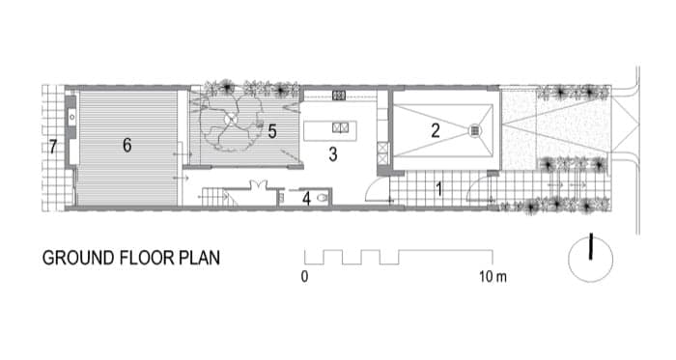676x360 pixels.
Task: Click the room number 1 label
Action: click(x=438, y=189)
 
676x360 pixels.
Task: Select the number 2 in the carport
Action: click(x=436, y=131)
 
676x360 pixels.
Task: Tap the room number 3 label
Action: click(x=333, y=154)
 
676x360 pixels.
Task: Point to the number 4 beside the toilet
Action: click(x=306, y=199)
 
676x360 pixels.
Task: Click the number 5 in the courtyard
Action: click(x=272, y=131)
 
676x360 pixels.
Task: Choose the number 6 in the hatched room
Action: click(x=127, y=145)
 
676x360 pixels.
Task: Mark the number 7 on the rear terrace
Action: click(x=52, y=147)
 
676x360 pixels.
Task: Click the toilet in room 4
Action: click(x=323, y=199)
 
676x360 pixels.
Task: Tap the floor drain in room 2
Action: click(x=475, y=130)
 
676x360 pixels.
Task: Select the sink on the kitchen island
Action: click(x=341, y=127)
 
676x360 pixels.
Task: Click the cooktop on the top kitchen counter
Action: click(x=339, y=96)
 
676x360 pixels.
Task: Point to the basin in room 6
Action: click(x=72, y=117)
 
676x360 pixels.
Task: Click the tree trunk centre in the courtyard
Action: click(x=230, y=118)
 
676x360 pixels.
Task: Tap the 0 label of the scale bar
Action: click(x=305, y=276)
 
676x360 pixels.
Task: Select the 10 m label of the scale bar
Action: click(x=493, y=276)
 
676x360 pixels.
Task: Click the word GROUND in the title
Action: click(x=78, y=258)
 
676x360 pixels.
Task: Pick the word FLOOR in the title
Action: click(x=147, y=258)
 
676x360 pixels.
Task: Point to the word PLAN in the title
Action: click(x=200, y=258)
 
